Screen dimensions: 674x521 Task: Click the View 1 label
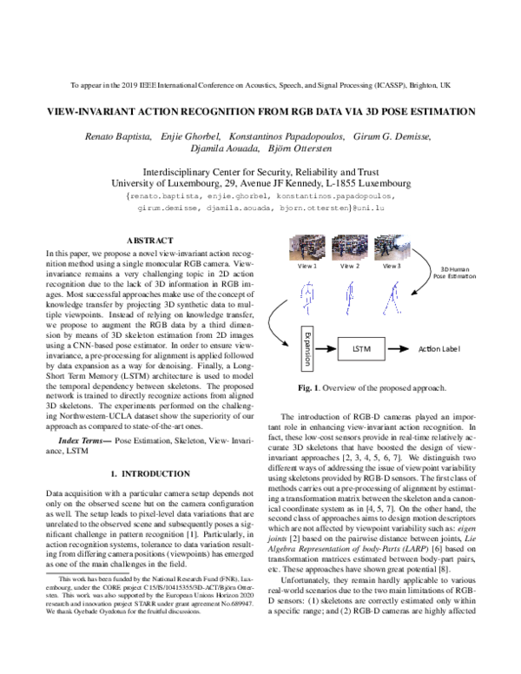point(308,266)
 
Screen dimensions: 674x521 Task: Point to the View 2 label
point(350,266)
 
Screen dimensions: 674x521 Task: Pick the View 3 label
point(392,266)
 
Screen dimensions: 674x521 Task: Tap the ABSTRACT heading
point(150,239)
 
